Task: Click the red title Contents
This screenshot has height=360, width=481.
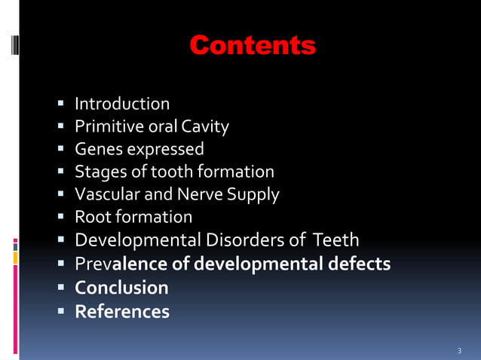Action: click(252, 46)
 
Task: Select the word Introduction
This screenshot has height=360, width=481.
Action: click(122, 104)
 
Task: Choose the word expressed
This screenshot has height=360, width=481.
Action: click(163, 149)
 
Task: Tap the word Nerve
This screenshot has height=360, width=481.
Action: click(200, 194)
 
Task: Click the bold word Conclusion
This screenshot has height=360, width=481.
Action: click(121, 288)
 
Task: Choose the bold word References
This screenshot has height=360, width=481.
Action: click(122, 311)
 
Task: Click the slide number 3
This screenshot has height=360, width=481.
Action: click(459, 351)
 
